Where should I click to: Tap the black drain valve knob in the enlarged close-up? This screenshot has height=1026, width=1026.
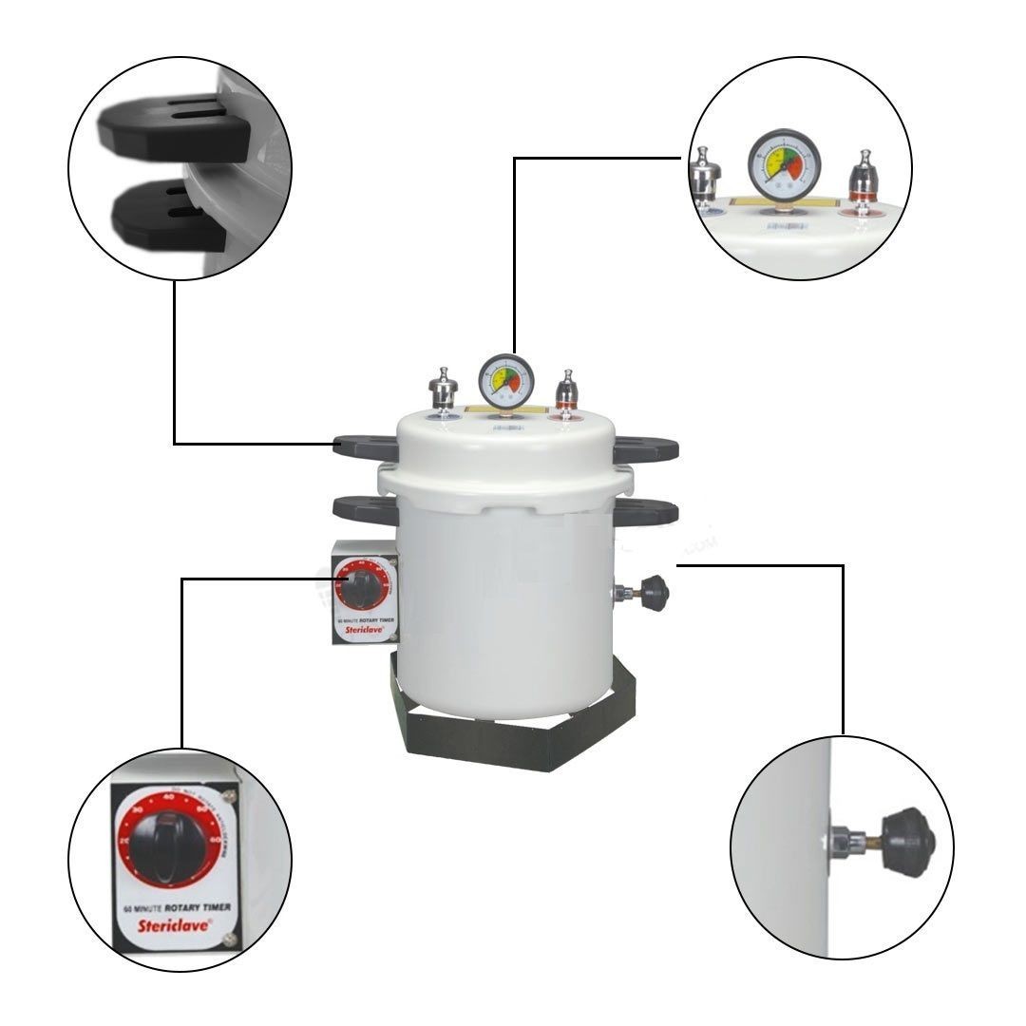pos(907,843)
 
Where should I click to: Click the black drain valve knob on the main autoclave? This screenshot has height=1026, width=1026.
pos(654,594)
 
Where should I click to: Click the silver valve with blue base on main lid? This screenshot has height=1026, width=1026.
pos(443,390)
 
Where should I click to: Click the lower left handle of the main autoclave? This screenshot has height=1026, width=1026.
pos(362,509)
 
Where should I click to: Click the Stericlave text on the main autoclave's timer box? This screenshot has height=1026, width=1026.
pos(359,631)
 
